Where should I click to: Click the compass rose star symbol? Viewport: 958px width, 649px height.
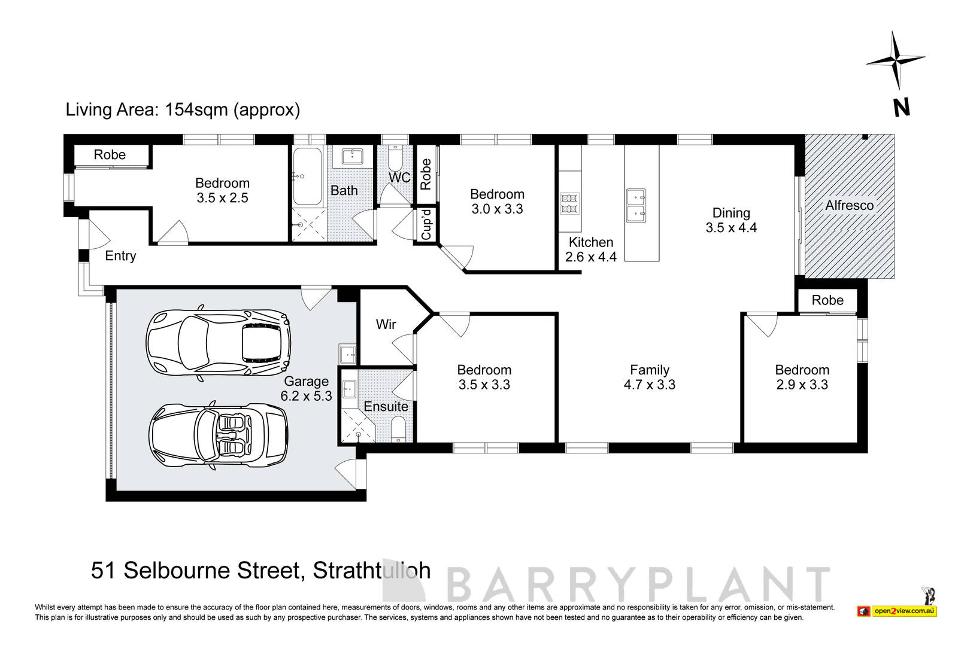[x=896, y=60]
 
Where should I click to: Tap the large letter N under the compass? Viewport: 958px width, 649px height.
[x=902, y=108]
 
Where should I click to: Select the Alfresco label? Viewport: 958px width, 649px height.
[x=849, y=205]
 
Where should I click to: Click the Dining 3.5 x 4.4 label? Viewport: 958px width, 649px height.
[x=730, y=220]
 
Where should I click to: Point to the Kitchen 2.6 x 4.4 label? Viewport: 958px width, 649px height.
[x=590, y=249]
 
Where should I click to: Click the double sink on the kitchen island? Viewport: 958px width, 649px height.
[x=636, y=205]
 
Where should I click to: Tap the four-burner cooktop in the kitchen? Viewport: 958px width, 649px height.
[x=569, y=203]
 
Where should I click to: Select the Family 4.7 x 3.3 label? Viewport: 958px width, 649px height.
[x=649, y=377]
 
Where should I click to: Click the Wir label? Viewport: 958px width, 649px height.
[x=386, y=324]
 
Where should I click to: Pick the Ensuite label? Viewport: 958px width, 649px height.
[x=386, y=406]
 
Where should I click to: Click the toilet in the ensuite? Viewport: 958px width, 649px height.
[x=398, y=430]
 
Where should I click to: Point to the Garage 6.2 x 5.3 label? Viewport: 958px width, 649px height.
[x=306, y=388]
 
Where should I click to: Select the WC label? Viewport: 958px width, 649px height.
[x=399, y=178]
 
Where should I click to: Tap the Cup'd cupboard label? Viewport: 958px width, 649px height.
[x=426, y=225]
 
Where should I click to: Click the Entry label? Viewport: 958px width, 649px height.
[x=120, y=256]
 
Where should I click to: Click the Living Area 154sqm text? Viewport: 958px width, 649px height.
[x=183, y=110]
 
